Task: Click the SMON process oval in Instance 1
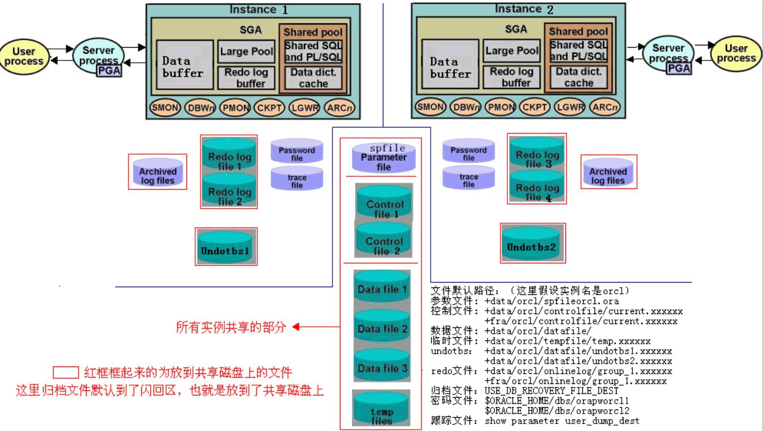[165, 108]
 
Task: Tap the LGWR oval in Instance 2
[569, 107]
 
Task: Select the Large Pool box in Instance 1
[246, 52]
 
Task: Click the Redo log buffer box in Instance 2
[512, 77]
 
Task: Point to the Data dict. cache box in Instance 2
[579, 77]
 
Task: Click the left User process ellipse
[24, 56]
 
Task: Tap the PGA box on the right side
[678, 68]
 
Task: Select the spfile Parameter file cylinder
[384, 158]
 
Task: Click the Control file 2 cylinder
[384, 241]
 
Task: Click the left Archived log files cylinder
[157, 172]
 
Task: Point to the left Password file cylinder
[297, 151]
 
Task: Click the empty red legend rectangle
[66, 373]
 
